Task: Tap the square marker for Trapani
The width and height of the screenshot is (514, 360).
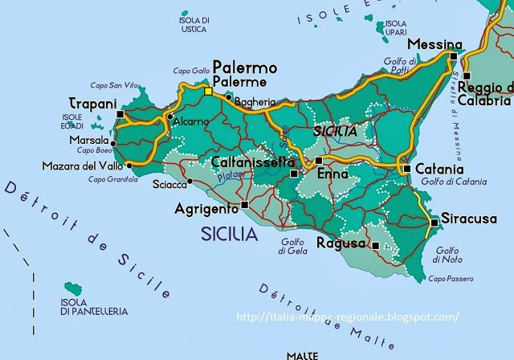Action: (x=120, y=115)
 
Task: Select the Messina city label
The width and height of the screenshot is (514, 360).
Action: (x=434, y=44)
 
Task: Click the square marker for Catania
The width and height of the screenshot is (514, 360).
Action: (x=407, y=169)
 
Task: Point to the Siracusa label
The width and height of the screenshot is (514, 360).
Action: (x=468, y=219)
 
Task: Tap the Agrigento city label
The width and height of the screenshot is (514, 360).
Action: (x=206, y=208)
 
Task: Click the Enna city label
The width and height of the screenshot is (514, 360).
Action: (x=332, y=174)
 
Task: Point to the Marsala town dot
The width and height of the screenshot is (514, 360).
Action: (x=113, y=143)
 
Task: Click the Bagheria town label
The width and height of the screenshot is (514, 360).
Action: (x=256, y=101)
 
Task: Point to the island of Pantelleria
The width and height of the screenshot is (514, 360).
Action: (x=73, y=287)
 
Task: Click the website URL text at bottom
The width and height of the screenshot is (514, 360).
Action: (x=349, y=317)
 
